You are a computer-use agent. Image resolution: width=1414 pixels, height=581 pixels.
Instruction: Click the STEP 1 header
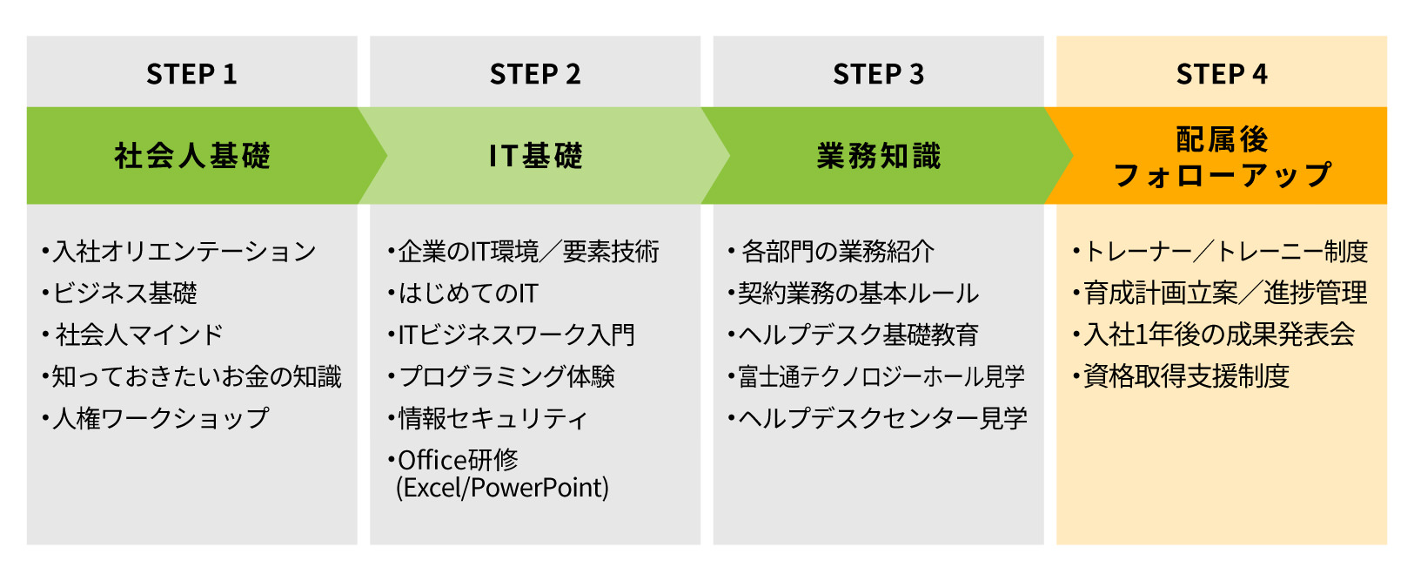click(191, 74)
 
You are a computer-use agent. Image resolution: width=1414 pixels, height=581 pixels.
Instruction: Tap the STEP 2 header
click(535, 74)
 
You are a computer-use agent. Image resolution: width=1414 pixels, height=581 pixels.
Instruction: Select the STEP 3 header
click(878, 74)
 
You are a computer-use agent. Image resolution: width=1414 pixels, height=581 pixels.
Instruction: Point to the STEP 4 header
click(1222, 74)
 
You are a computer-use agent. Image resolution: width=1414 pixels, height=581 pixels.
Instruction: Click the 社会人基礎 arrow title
click(192, 156)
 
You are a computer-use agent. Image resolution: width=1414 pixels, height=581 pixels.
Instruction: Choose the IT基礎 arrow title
click(535, 156)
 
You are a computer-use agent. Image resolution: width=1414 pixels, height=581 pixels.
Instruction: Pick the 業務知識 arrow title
click(878, 156)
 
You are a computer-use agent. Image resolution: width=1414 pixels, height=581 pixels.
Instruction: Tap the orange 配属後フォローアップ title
click(1222, 157)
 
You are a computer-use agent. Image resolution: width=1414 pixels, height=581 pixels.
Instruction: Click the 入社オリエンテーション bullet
click(184, 252)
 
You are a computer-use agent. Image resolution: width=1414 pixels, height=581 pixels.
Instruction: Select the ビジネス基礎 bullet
click(124, 294)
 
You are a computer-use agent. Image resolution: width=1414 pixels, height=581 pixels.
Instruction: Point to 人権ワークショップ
click(160, 419)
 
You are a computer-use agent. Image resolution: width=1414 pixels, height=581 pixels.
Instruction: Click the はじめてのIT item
click(467, 294)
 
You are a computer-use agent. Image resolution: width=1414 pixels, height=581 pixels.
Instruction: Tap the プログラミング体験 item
click(506, 377)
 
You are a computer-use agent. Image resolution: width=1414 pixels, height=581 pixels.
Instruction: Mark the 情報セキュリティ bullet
click(493, 419)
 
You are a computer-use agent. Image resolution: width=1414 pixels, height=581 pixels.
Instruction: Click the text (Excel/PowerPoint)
click(502, 488)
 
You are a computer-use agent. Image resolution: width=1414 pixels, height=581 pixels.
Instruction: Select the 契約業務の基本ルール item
click(858, 294)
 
